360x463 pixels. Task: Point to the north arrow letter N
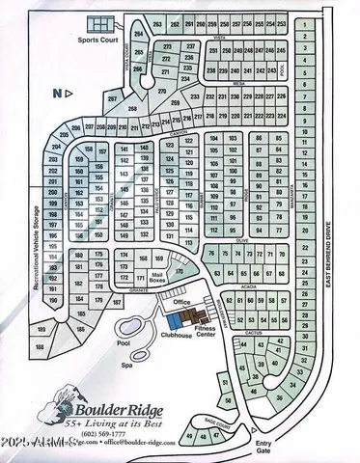click(56, 94)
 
